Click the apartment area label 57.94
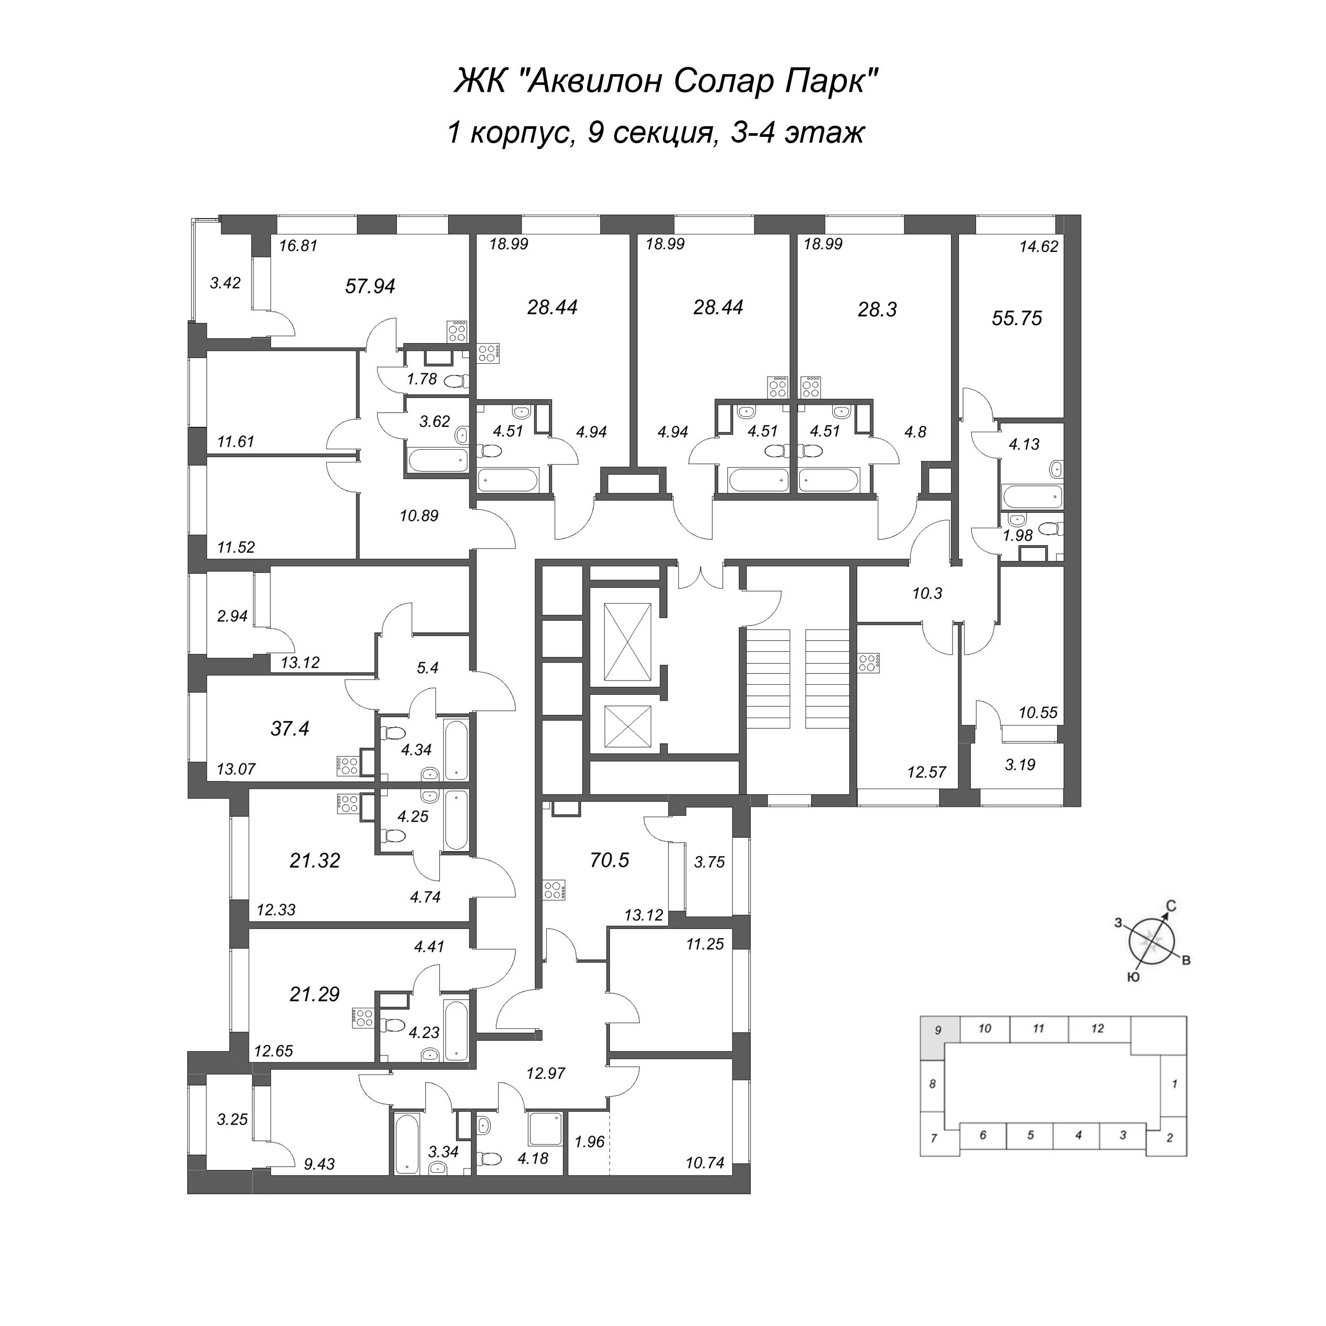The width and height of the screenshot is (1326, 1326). point(370,286)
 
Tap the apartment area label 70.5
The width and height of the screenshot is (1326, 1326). point(609,860)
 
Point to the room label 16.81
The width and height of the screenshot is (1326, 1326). point(298,246)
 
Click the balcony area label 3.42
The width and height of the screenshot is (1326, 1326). point(225,283)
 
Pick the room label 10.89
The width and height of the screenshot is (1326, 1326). point(418,516)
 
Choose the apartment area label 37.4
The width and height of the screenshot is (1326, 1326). point(290,728)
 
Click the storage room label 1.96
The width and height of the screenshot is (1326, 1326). point(589,1141)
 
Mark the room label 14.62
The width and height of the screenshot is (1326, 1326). point(1039,247)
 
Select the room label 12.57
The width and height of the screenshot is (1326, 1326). point(927,772)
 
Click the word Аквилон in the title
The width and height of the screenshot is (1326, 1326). point(595,82)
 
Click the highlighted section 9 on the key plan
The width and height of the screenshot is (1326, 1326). point(938,1030)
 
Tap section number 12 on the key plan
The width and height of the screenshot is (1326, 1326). point(1097,1028)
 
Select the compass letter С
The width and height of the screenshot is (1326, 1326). point(1171,906)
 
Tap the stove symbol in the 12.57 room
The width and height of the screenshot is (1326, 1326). point(868,662)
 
